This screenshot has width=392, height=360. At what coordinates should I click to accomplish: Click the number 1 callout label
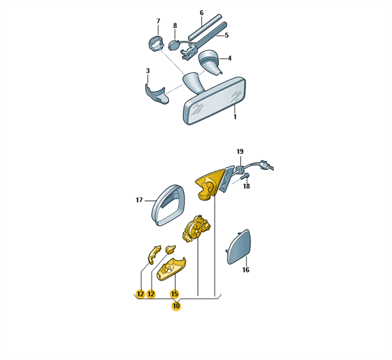pos(235,116)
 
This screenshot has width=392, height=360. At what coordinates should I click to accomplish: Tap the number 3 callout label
pos(148,71)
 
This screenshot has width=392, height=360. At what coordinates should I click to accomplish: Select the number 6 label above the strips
pos(202,13)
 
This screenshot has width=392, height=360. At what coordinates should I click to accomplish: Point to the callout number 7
pos(158,21)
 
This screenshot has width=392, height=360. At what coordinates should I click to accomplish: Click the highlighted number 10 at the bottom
pos(176,306)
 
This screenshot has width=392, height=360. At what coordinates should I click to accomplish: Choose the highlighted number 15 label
pos(174,294)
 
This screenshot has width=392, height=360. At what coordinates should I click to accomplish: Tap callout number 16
pos(246,269)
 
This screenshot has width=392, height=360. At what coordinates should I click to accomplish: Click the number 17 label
pos(139,200)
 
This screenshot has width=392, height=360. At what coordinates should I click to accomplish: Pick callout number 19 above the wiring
pos(240,151)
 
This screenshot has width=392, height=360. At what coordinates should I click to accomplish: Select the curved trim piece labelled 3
pos(157,94)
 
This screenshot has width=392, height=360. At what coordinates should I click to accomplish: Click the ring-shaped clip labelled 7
pos(156,43)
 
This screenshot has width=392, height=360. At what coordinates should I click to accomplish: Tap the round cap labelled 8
pos(173,46)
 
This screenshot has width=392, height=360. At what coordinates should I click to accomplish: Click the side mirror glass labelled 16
pos(239,247)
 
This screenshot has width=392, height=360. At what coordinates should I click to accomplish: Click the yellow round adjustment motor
pos(197,229)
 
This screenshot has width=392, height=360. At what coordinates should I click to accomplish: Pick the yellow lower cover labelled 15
pos(171,269)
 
